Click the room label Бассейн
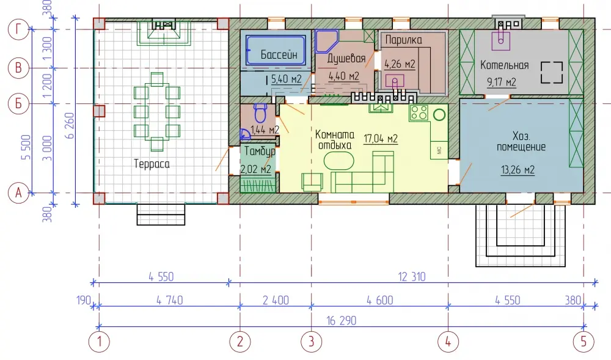(x=279, y=54)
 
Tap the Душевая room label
(x=346, y=59)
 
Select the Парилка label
(x=403, y=40)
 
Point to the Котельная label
(x=504, y=65)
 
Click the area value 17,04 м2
(x=380, y=139)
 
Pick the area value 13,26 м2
(x=518, y=170)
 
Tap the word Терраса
(x=152, y=164)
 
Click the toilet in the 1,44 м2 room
(x=260, y=113)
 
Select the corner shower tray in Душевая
(x=326, y=41)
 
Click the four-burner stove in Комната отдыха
(x=419, y=112)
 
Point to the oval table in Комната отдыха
(x=338, y=161)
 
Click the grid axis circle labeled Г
(x=18, y=29)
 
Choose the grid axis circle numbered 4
(x=448, y=342)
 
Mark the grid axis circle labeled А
(x=18, y=193)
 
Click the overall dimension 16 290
(x=342, y=321)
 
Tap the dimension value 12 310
(x=412, y=277)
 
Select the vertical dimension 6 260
(x=70, y=125)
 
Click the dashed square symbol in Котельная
(x=552, y=73)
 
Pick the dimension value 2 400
(x=276, y=300)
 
